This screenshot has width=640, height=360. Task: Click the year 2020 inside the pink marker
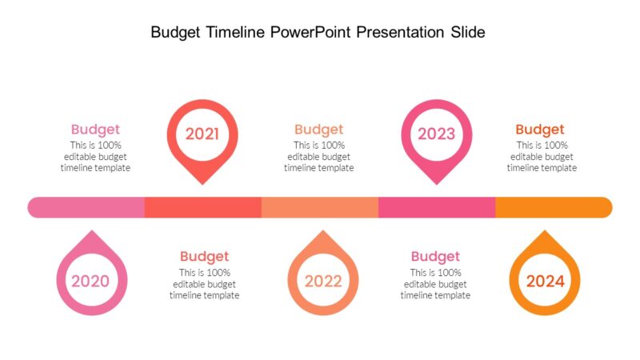click(90, 281)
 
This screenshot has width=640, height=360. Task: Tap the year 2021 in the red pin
click(202, 134)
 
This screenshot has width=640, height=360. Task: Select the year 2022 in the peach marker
click(322, 281)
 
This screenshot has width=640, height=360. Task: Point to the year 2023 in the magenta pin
click(436, 134)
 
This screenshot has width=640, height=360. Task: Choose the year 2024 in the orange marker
click(545, 281)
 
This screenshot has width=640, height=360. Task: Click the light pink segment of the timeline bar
click(86, 207)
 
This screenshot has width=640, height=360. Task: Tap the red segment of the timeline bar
click(203, 207)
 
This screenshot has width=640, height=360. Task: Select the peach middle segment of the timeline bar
click(320, 207)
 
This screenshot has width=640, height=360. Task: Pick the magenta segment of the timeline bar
click(437, 207)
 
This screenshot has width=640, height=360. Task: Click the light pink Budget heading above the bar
click(95, 130)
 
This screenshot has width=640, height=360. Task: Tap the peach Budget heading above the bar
click(318, 130)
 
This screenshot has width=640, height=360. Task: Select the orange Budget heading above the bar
click(540, 130)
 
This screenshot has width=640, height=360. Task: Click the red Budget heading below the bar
click(204, 257)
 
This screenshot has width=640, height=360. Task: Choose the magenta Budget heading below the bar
click(435, 257)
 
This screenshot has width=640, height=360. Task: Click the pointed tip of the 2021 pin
click(202, 183)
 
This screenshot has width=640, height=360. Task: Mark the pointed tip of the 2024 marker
click(545, 232)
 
